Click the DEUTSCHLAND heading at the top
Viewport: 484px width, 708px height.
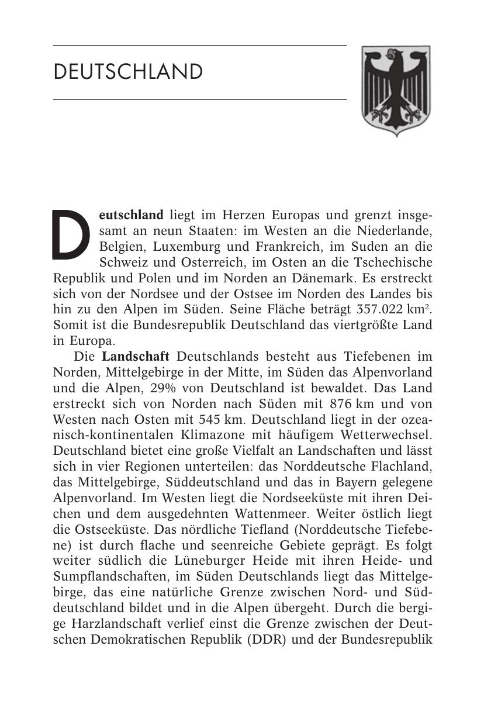pos(128,72)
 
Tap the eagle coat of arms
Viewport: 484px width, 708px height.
pos(396,91)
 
